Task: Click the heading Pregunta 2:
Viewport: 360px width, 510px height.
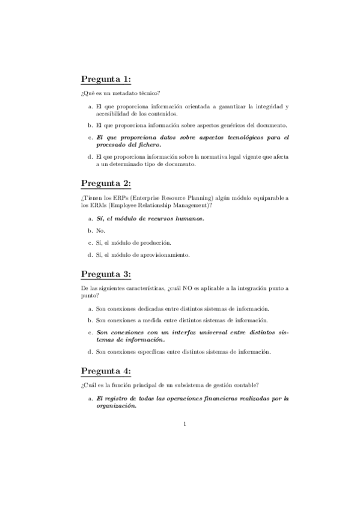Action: pos(106,183)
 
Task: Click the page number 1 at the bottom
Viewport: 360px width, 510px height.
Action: pos(185,425)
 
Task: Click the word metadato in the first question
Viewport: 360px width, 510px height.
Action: pos(118,94)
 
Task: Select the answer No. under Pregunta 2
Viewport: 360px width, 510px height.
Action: pos(101,230)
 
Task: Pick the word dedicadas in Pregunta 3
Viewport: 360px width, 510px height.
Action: pos(146,308)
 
